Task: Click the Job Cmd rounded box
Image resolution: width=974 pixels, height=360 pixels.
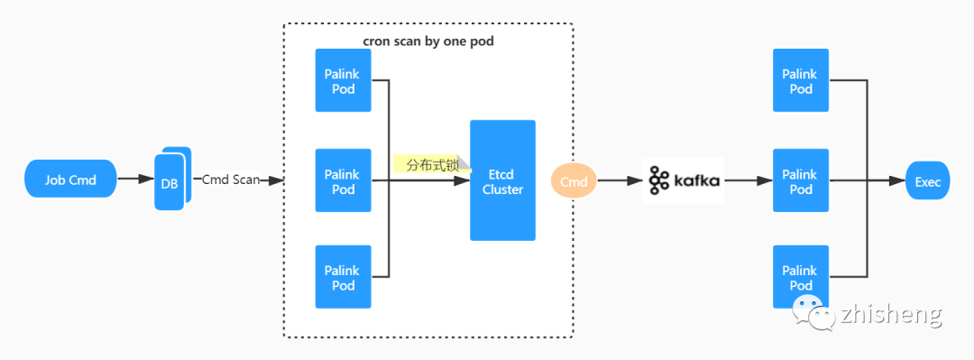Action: [x=71, y=179]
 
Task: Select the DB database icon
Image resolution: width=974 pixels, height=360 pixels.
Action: [x=172, y=179]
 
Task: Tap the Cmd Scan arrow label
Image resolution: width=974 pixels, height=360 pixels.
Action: [x=231, y=179]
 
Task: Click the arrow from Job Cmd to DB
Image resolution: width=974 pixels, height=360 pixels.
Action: [x=136, y=179]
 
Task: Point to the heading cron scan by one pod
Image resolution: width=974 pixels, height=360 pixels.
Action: [x=428, y=42]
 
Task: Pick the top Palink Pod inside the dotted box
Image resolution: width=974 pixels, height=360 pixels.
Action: [x=343, y=81]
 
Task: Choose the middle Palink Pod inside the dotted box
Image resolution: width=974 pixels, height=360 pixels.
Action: [x=343, y=180]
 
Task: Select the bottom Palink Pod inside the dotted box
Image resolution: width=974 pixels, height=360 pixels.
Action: [x=343, y=277]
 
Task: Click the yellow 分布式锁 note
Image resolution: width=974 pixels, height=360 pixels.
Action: [x=432, y=164]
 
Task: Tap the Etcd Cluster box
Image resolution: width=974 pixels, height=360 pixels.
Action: [x=502, y=180]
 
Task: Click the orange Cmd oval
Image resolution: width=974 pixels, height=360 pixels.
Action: [x=574, y=181]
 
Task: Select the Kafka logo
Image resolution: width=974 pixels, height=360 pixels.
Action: [x=684, y=180]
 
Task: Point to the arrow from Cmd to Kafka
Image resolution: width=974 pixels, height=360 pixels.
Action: [x=620, y=180]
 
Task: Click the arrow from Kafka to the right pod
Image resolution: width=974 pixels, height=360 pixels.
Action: [x=749, y=180]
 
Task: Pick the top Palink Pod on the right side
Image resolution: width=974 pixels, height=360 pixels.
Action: [x=801, y=81]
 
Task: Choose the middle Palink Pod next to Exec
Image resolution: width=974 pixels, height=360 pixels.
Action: [x=801, y=180]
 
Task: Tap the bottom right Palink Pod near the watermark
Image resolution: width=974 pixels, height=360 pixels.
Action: [x=801, y=277]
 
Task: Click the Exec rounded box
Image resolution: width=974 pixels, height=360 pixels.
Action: [x=927, y=180]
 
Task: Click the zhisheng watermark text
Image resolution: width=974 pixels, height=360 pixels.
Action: [x=891, y=315]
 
